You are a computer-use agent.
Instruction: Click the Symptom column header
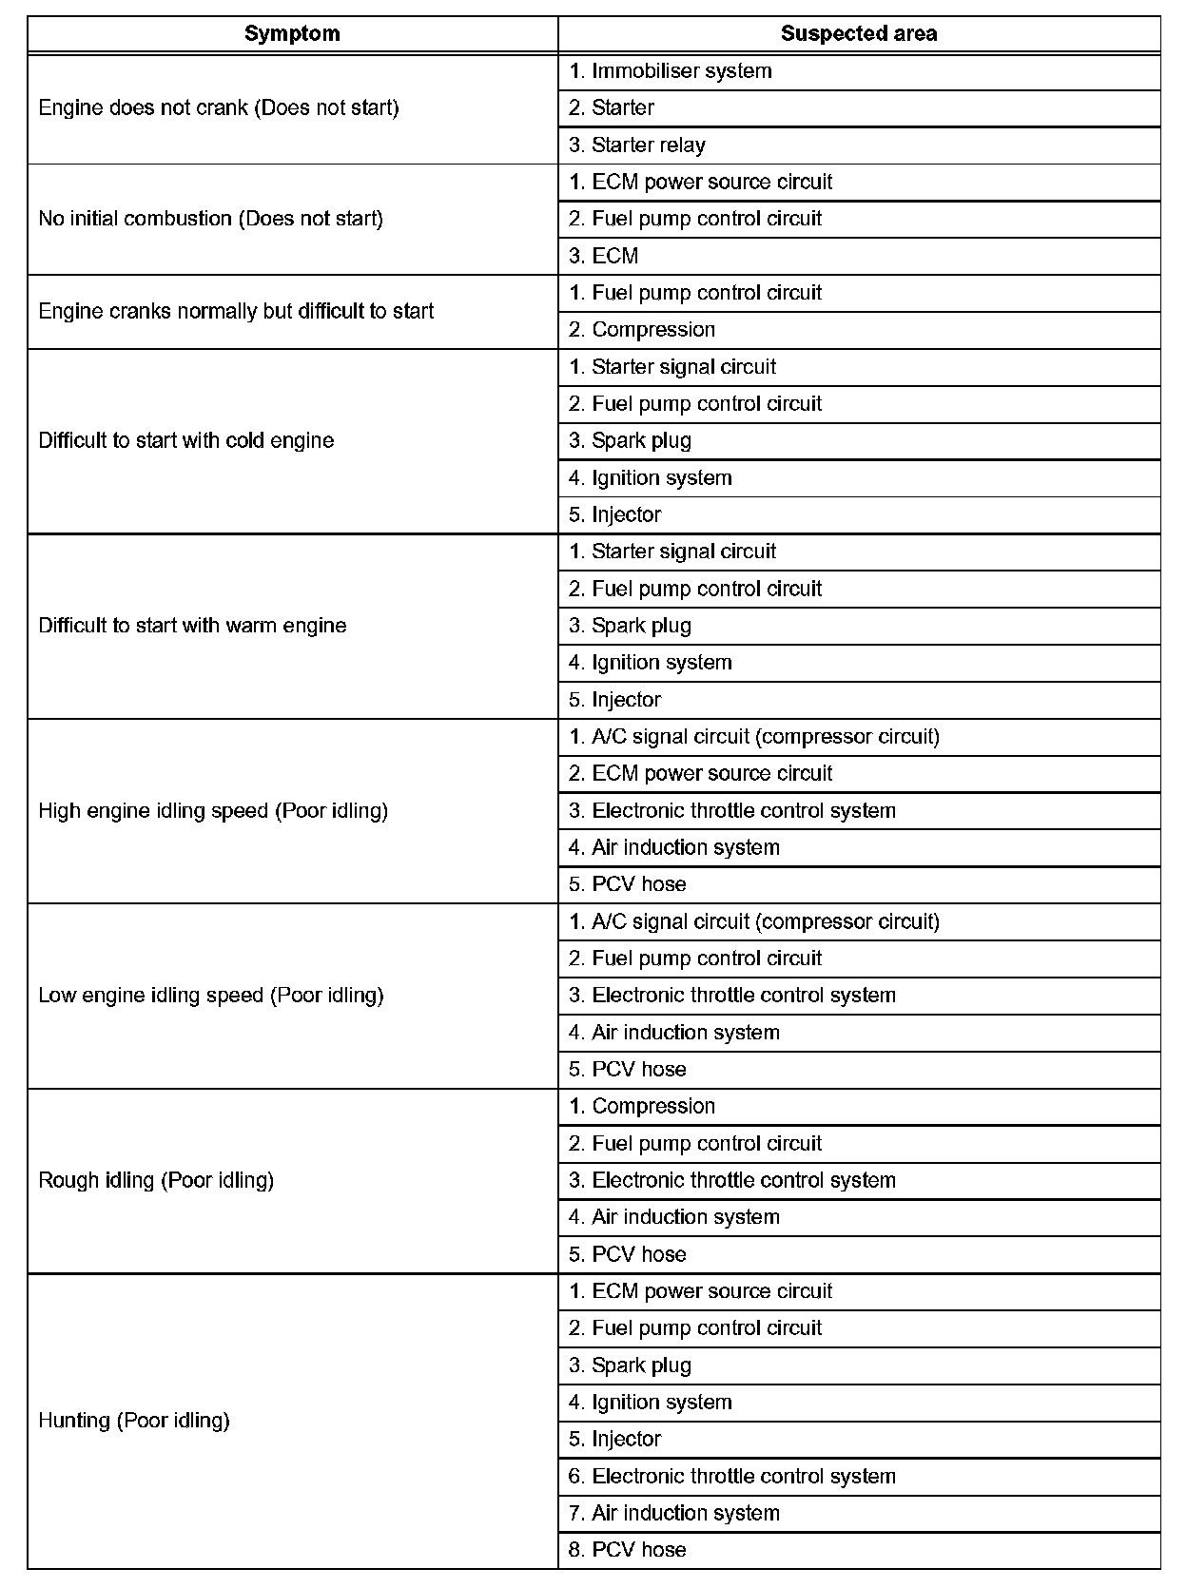292,34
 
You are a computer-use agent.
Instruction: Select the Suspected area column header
859,34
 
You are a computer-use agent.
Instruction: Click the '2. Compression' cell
642,330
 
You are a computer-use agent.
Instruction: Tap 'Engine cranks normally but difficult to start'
236,311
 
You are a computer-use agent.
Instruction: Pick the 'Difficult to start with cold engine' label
186,440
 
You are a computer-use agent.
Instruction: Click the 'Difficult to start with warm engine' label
192,626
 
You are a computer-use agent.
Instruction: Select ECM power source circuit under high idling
701,774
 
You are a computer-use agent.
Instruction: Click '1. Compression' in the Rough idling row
642,1107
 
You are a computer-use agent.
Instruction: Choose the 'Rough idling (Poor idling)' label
156,1180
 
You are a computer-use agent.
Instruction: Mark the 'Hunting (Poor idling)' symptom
134,1421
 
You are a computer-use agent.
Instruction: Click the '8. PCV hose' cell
628,1550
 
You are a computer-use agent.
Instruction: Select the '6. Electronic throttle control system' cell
732,1477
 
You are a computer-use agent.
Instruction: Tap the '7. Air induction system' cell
674,1513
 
